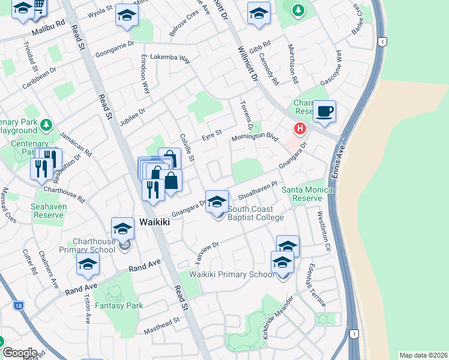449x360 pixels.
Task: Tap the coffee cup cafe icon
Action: [324, 112]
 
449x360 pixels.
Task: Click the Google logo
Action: [19, 353]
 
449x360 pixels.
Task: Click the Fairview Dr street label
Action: [205, 248]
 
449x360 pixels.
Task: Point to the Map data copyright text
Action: [424, 355]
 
